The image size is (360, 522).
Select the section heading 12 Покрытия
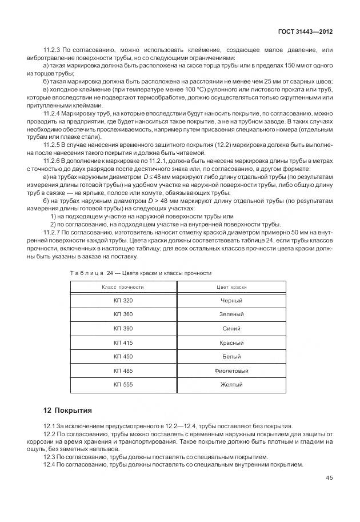67,411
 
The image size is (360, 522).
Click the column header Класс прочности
122,286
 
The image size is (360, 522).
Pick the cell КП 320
123,301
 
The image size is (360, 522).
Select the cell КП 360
123,314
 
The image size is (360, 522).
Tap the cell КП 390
123,329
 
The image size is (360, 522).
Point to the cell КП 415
123,342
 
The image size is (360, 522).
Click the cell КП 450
123,357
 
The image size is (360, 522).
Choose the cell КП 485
123,370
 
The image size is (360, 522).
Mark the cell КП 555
123,385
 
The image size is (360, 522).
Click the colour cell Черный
231,301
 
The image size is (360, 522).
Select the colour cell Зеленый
231,314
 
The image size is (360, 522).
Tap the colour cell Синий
231,329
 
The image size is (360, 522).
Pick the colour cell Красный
231,342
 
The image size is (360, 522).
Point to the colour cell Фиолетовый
231,370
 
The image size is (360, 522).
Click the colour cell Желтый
231,385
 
